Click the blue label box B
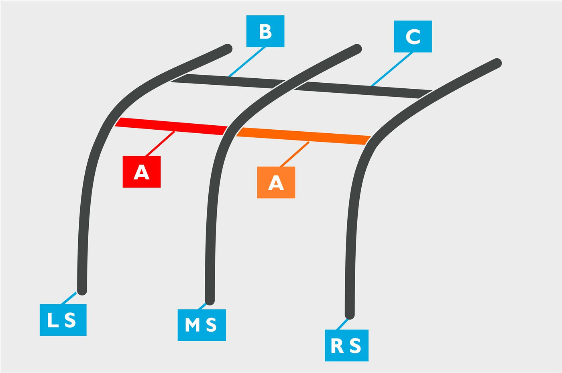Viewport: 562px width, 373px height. tap(265, 31)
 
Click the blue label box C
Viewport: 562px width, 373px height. tap(413, 37)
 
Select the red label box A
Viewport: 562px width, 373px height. tap(141, 172)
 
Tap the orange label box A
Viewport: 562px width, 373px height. tap(276, 182)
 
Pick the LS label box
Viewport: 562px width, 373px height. tap(63, 320)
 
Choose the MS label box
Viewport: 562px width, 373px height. tap(202, 325)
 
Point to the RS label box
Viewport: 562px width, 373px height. tap(346, 345)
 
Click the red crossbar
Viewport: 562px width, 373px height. tap(171, 126)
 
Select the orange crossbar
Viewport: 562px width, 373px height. tap(303, 136)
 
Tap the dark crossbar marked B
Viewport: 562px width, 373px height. tap(228, 81)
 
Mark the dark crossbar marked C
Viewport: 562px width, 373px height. tap(363, 90)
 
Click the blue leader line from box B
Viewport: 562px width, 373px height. tap(247, 62)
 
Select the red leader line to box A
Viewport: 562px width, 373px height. tap(160, 144)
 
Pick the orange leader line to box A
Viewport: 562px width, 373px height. tap(295, 154)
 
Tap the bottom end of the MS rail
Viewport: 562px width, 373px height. tap(210, 302)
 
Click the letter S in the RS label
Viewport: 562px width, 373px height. tap(355, 346)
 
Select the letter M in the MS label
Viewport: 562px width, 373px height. tap(192, 325)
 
